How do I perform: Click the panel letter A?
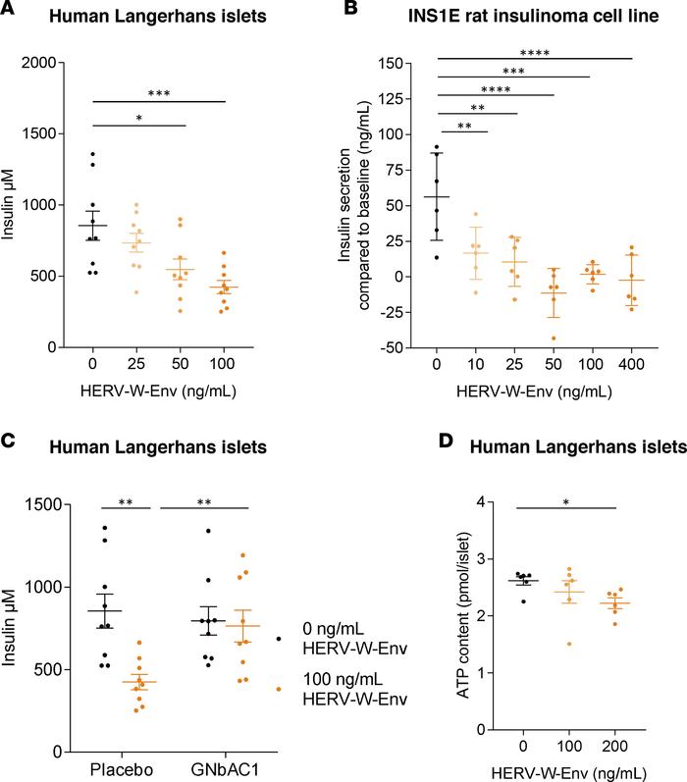click(9, 12)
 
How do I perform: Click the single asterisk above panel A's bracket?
click(139, 117)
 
